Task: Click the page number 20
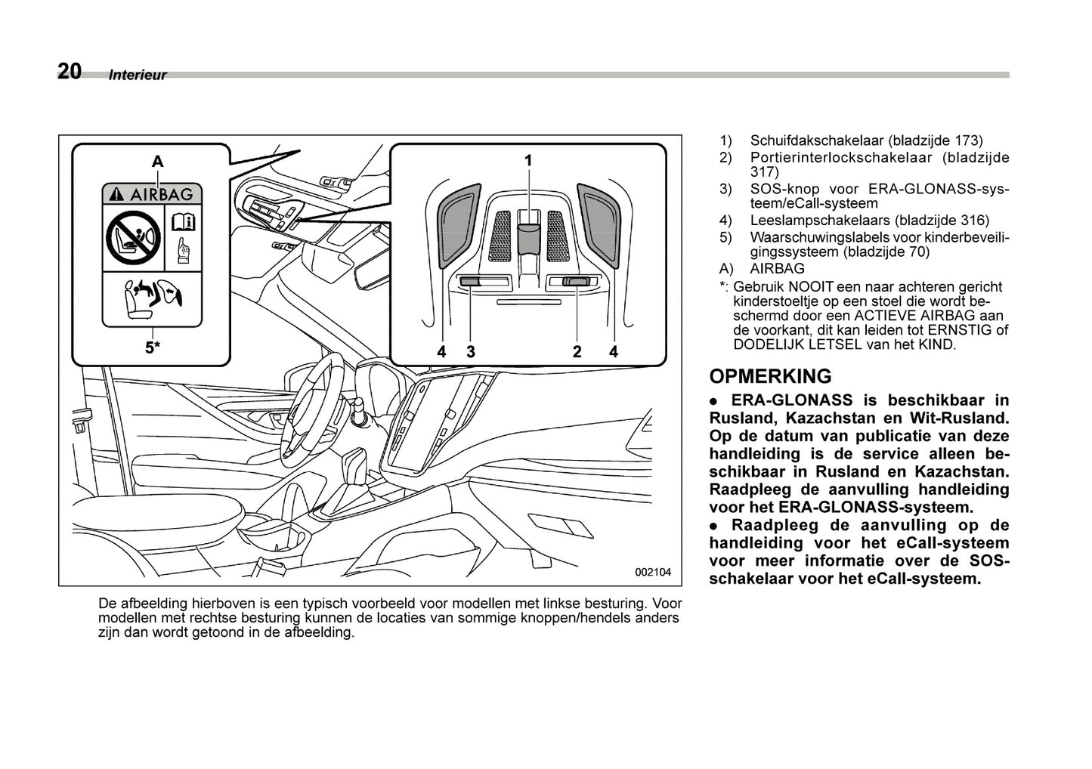coord(69,71)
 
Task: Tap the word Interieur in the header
coord(137,76)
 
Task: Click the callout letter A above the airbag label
coord(157,161)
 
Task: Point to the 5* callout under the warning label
coord(153,347)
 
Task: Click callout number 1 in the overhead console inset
coord(529,160)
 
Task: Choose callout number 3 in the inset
coord(470,351)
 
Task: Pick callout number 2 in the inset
coord(577,351)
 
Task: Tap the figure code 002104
coord(653,572)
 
